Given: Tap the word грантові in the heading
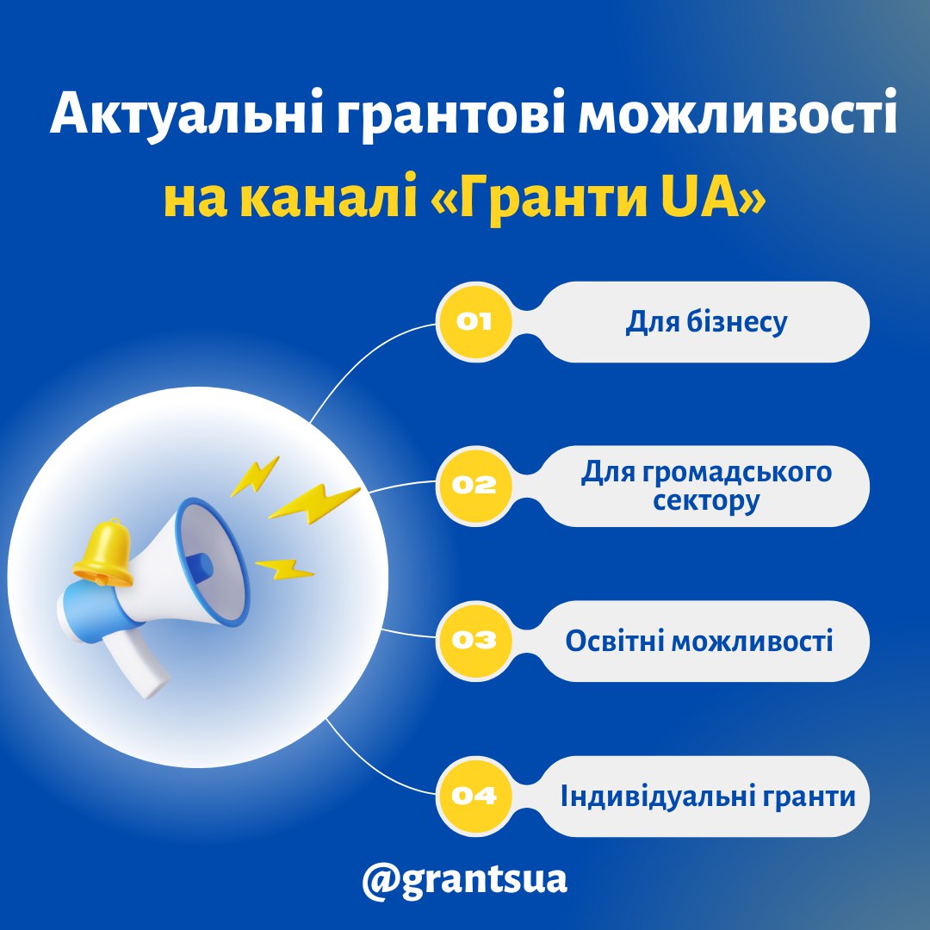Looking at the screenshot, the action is (x=449, y=115).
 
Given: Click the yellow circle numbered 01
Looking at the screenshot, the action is (x=474, y=321).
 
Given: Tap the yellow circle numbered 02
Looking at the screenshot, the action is (x=474, y=486).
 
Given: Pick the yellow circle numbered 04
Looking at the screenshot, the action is (x=474, y=796).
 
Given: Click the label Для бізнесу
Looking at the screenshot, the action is (x=706, y=323).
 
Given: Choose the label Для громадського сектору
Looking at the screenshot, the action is (x=706, y=486).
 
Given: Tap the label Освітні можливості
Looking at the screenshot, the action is (x=698, y=642).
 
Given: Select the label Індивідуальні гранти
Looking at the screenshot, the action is (x=708, y=797).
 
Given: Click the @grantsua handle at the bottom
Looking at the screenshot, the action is (x=464, y=880).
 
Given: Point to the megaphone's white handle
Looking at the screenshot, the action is (x=136, y=663).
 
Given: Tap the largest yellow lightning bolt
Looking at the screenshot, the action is (x=314, y=504).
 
